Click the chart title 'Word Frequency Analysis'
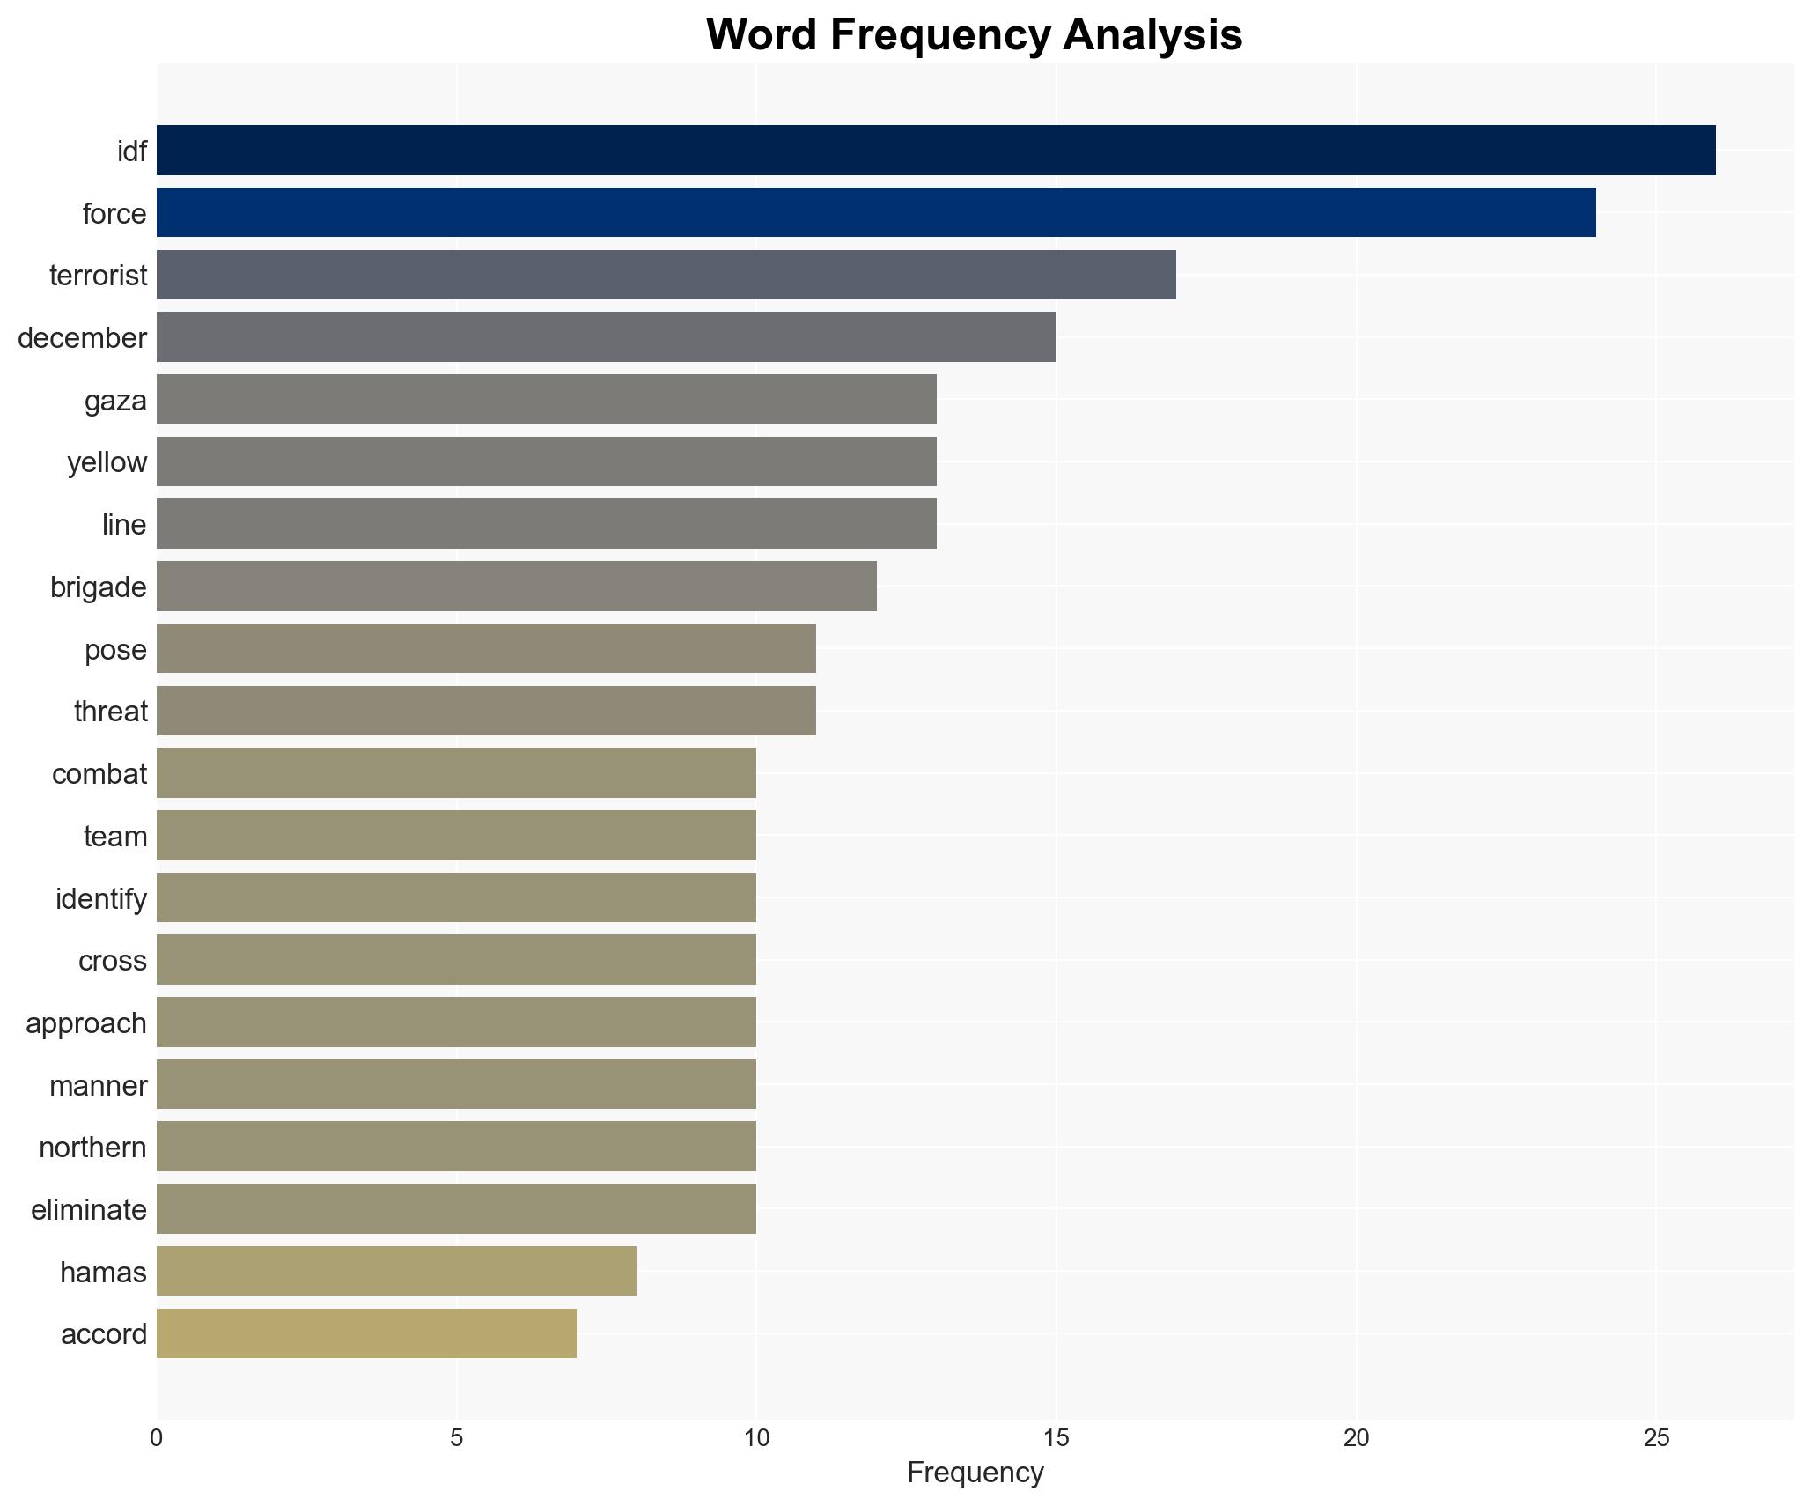974,35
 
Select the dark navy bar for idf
936,151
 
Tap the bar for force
876,212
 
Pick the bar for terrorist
666,275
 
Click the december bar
607,337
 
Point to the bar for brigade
517,587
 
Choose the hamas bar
396,1271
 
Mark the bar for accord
366,1333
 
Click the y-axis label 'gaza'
115,401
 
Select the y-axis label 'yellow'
107,462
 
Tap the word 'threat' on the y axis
110,712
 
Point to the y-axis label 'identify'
100,898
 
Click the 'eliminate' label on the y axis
88,1210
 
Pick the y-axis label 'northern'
92,1148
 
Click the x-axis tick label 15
1056,1437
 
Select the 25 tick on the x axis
1656,1437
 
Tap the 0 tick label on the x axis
157,1437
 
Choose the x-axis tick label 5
456,1437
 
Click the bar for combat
456,773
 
